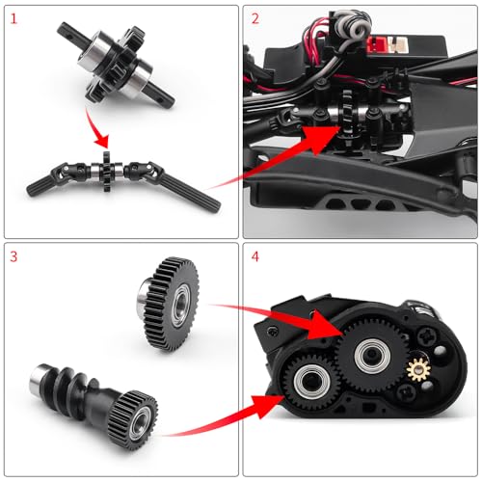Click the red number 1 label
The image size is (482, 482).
(13, 18)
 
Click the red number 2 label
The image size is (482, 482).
(255, 18)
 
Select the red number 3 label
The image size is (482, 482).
(13, 256)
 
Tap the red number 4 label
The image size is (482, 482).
(255, 256)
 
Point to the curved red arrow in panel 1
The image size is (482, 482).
(94, 128)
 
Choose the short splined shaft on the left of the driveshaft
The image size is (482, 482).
(41, 186)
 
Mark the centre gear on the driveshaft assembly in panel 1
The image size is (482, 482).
(106, 171)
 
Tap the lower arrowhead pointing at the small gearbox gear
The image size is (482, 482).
(268, 406)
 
